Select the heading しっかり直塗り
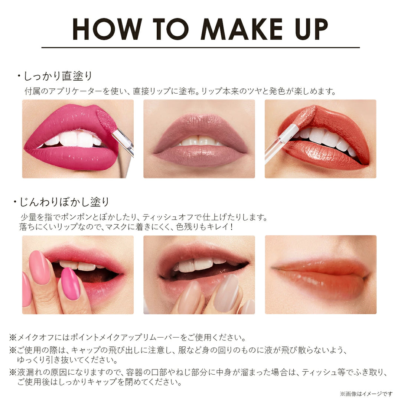click(x=56, y=76)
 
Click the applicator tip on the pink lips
click(x=107, y=121)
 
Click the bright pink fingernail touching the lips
click(x=71, y=283)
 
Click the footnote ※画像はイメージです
click(x=366, y=394)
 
